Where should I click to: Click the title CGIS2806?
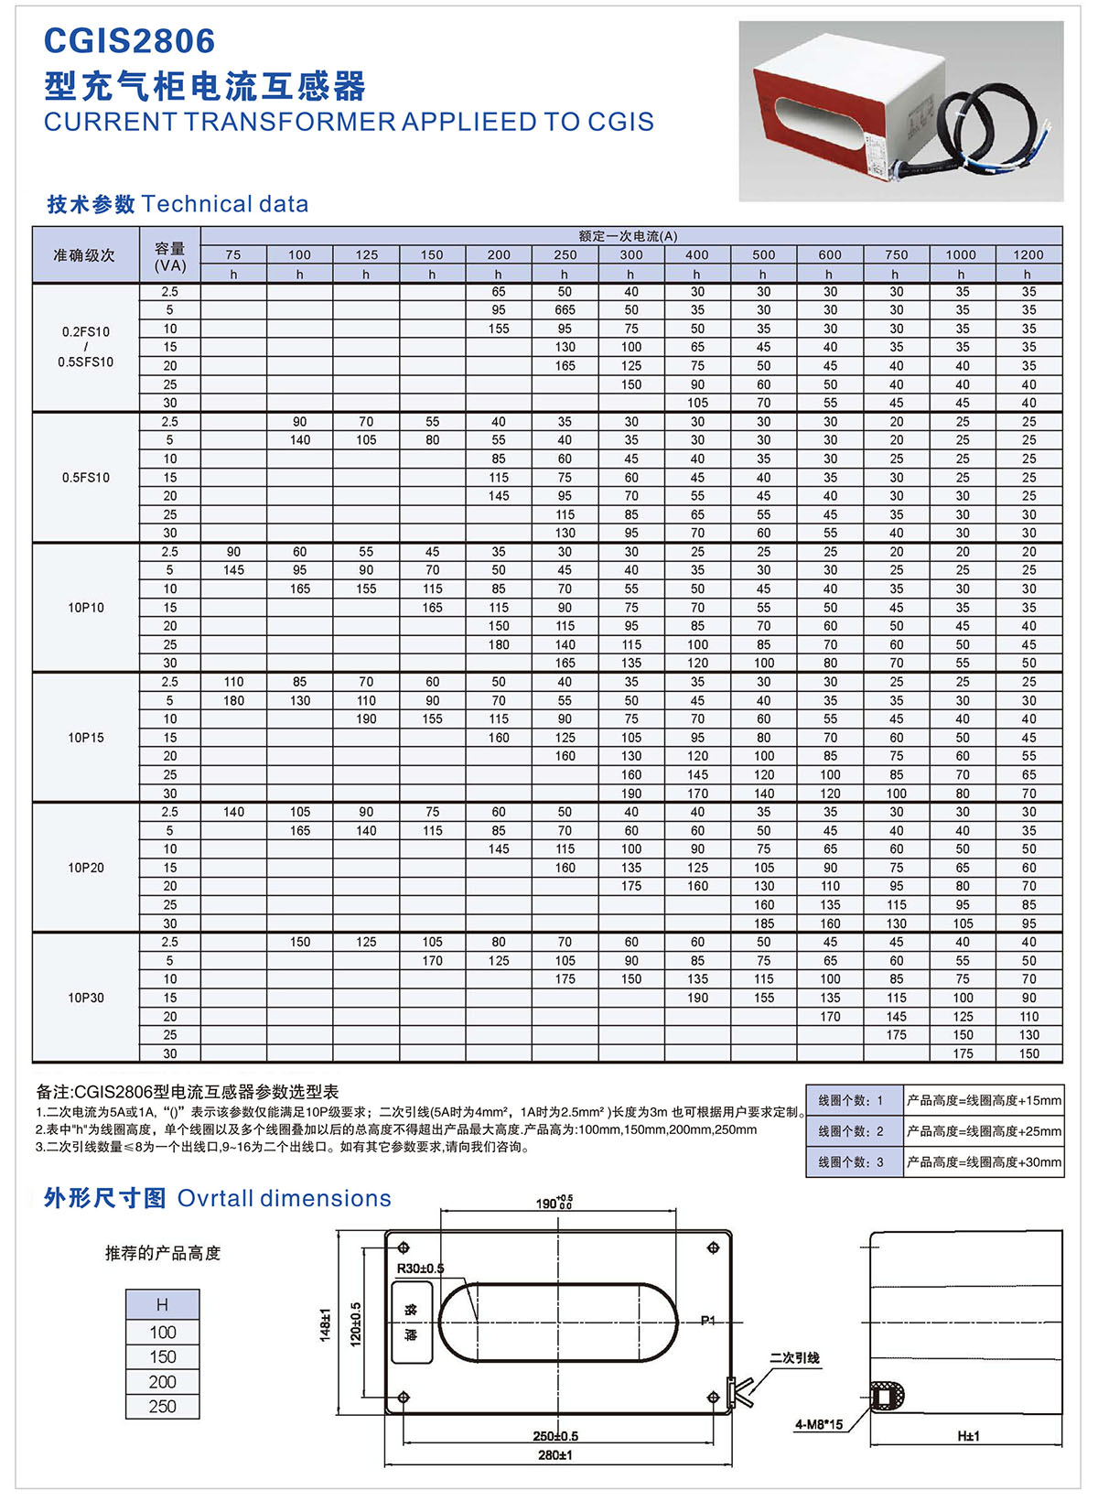(130, 41)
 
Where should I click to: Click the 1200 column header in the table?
(1028, 254)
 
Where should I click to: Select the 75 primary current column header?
(233, 254)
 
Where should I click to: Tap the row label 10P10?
(86, 608)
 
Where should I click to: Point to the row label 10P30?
(86, 998)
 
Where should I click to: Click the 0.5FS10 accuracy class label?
(86, 478)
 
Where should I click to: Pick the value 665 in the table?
(565, 310)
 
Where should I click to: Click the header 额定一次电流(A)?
(629, 236)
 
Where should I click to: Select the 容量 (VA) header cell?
(170, 256)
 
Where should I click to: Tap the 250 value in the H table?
(163, 1407)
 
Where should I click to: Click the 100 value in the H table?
(163, 1333)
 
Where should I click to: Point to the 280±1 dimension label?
(554, 1455)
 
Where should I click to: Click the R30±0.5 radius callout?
(420, 1269)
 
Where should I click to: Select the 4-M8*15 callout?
(818, 1424)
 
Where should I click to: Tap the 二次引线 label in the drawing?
(794, 1358)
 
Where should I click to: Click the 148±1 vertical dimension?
(325, 1324)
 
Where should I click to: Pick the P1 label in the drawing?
(708, 1320)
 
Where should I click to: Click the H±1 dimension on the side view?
(968, 1436)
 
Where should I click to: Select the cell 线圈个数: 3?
(851, 1162)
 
